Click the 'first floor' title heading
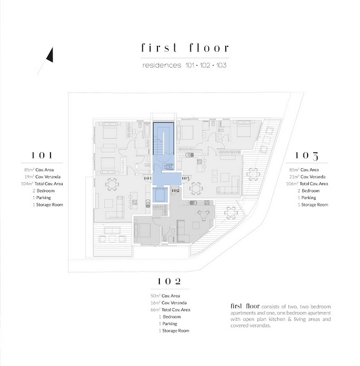click(185, 48)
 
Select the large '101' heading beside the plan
click(42, 155)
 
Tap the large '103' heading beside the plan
click(307, 155)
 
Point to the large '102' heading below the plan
click(170, 281)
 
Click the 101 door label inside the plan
click(148, 178)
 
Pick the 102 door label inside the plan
click(175, 190)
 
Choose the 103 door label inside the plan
click(186, 179)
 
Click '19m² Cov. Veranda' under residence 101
click(43, 177)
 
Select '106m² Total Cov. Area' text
click(307, 184)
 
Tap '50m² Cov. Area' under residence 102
click(165, 296)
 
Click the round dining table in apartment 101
click(112, 184)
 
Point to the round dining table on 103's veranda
click(253, 174)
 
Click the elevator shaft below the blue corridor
click(160, 195)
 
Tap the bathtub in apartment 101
click(147, 131)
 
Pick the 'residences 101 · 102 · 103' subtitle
click(185, 65)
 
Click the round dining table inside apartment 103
click(195, 188)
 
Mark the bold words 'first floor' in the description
click(245, 306)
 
